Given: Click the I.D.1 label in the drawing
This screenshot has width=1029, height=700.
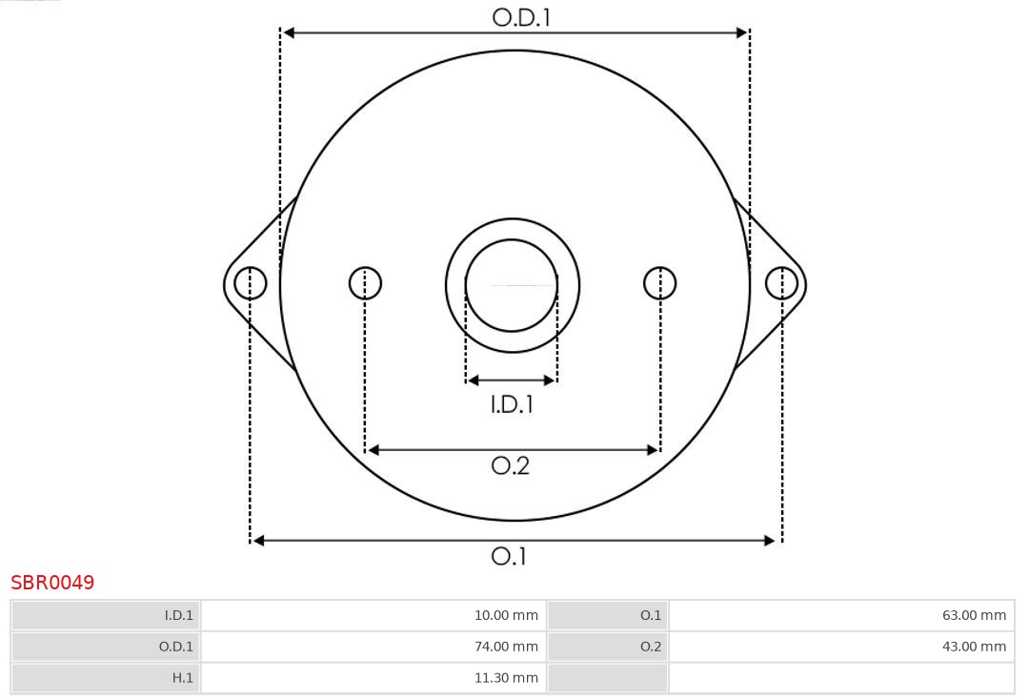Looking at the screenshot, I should click(x=512, y=404).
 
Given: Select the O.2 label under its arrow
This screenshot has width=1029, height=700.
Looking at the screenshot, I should click(x=510, y=465).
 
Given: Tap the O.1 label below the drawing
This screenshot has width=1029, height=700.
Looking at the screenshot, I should click(x=509, y=556).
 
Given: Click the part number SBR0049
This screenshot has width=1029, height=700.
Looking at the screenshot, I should click(x=52, y=583).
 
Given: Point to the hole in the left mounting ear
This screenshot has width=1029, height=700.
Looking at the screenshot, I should click(x=251, y=283).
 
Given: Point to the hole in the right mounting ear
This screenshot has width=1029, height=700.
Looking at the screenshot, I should click(x=781, y=283).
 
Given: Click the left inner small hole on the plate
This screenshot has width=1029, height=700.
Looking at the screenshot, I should click(x=365, y=283).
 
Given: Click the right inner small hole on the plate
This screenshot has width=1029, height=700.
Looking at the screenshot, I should click(x=660, y=283).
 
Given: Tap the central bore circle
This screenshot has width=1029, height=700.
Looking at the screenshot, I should click(x=512, y=285).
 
